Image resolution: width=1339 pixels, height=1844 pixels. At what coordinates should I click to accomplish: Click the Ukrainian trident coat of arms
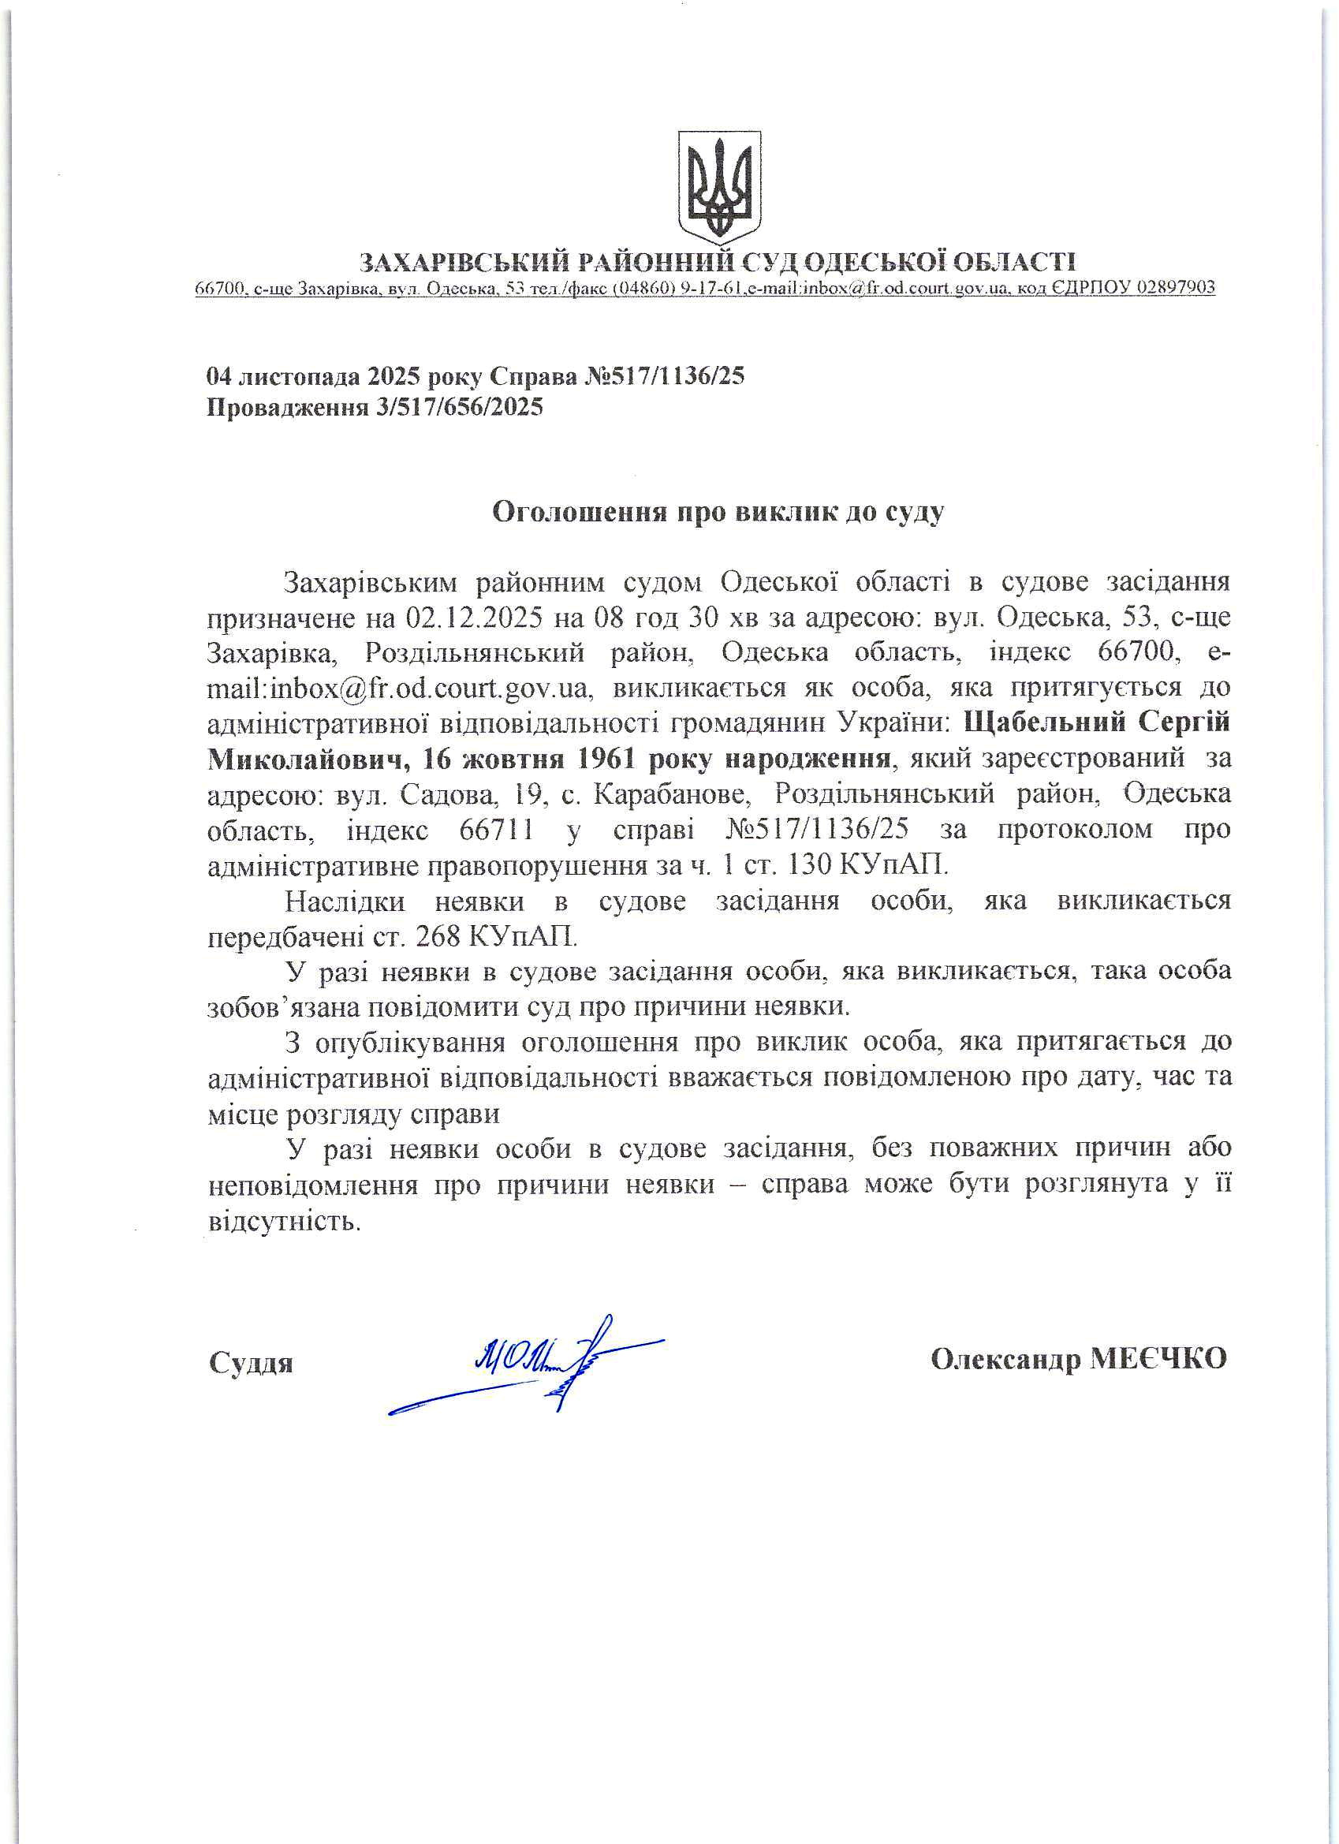[719, 186]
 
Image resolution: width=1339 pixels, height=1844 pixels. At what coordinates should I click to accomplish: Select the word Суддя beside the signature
[251, 1363]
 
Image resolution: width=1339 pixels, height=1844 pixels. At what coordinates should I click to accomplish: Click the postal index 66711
[497, 831]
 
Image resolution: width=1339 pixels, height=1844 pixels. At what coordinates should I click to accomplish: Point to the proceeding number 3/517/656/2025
[458, 406]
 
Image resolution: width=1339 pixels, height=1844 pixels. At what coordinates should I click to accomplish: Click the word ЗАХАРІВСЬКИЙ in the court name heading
[462, 262]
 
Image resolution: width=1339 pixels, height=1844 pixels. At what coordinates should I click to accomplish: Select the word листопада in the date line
[300, 376]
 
